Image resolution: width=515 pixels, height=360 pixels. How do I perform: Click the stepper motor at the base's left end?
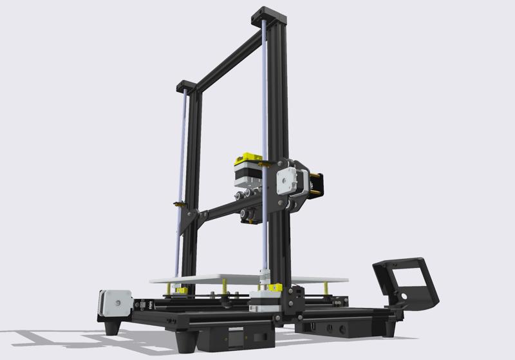[x=115, y=304]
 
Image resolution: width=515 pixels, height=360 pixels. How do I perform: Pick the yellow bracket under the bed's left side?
[x=181, y=291]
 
